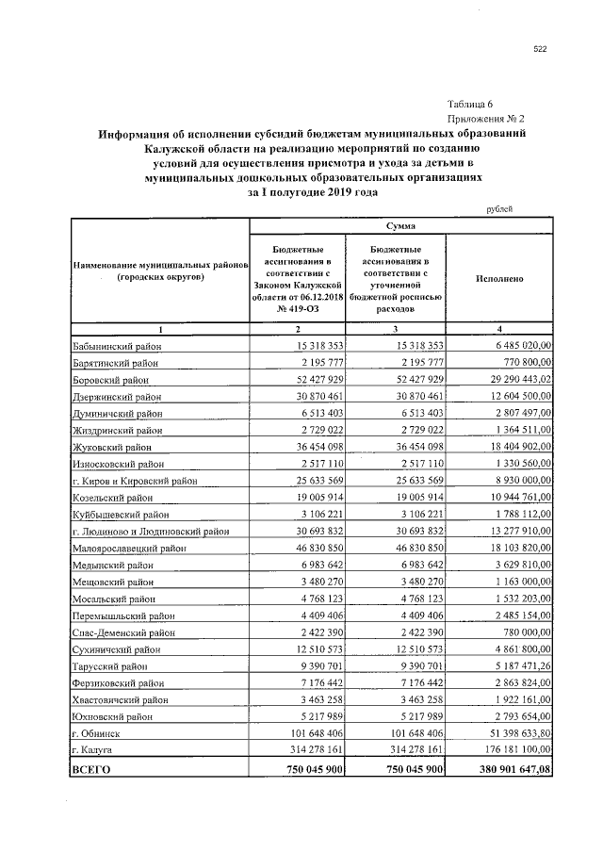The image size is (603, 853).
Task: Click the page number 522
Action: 540,51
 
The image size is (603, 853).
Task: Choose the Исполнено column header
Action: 499,279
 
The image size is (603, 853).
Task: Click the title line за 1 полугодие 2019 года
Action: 312,191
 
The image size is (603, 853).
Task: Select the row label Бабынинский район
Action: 117,347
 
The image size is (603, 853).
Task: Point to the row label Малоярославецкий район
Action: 130,549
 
